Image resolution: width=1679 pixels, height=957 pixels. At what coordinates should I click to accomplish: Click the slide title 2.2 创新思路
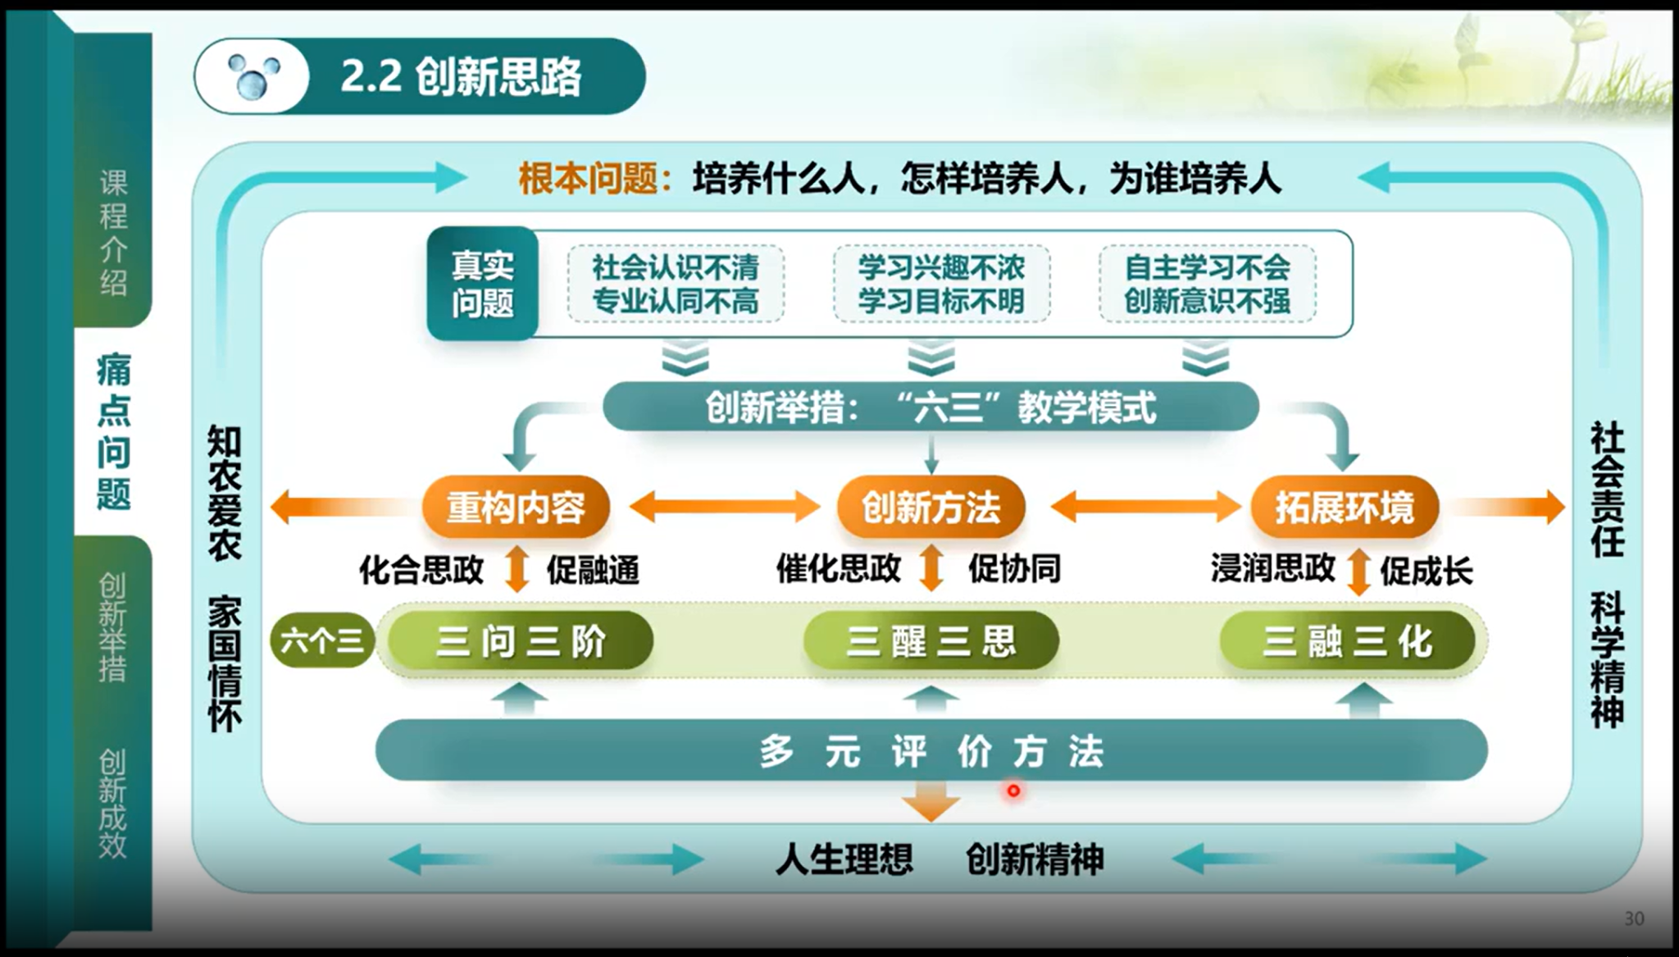pyautogui.click(x=461, y=77)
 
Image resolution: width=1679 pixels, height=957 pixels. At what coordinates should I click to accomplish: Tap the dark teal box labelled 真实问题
pyautogui.click(x=483, y=284)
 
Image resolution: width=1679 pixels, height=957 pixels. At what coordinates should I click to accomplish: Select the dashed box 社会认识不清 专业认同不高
pyautogui.click(x=676, y=284)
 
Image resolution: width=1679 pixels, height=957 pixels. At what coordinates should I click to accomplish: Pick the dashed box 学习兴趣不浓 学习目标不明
pyautogui.click(x=941, y=284)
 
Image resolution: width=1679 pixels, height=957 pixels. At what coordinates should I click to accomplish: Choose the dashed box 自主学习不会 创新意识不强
pyautogui.click(x=1208, y=284)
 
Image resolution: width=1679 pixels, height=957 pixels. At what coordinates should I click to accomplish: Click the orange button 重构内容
pyautogui.click(x=516, y=507)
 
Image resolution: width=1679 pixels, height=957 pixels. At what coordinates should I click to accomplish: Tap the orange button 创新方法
pyautogui.click(x=931, y=507)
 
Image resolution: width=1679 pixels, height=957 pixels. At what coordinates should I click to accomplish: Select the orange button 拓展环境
pyautogui.click(x=1345, y=507)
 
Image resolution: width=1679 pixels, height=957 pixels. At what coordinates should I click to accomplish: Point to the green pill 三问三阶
pyautogui.click(x=521, y=640)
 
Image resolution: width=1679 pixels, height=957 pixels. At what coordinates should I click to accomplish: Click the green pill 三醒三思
pyautogui.click(x=931, y=640)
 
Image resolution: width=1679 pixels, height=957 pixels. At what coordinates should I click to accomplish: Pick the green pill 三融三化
pyautogui.click(x=1348, y=640)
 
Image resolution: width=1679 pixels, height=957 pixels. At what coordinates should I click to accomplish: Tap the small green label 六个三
pyautogui.click(x=322, y=640)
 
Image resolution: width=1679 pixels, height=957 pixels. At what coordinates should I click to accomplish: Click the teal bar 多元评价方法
pyautogui.click(x=931, y=750)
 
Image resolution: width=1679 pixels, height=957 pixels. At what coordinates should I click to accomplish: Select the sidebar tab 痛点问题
pyautogui.click(x=113, y=431)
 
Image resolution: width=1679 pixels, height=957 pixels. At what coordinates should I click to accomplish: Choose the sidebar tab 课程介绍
pyautogui.click(x=113, y=233)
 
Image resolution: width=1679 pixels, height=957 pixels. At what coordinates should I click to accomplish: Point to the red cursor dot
pyautogui.click(x=1014, y=791)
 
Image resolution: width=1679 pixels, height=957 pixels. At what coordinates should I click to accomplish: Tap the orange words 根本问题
pyautogui.click(x=588, y=178)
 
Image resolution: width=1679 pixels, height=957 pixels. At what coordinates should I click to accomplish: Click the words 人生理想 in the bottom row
pyautogui.click(x=844, y=859)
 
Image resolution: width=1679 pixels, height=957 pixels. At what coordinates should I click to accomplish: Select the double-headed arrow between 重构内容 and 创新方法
pyautogui.click(x=725, y=507)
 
